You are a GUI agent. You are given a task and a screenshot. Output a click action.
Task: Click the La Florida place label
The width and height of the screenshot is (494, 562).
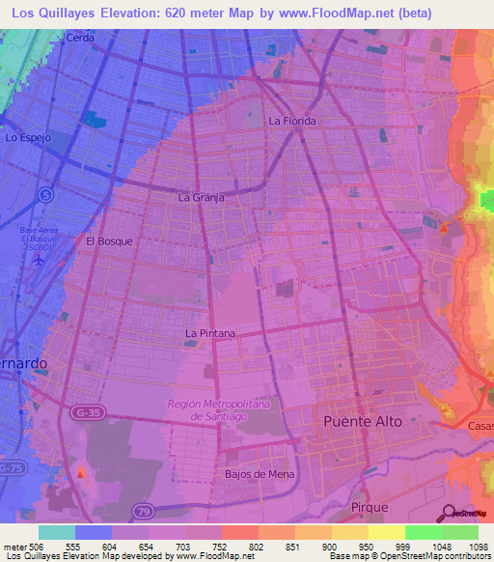point(293,122)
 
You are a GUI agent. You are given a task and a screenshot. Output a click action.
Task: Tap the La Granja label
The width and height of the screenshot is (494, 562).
point(202,197)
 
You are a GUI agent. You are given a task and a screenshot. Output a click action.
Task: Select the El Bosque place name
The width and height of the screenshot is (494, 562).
point(109,241)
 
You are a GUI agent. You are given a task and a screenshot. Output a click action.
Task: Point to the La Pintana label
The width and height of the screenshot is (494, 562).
point(210,334)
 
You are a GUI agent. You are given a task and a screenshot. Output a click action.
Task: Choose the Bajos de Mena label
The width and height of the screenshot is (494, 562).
point(257,474)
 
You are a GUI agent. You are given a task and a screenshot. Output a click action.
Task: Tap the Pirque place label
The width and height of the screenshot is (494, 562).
point(370,507)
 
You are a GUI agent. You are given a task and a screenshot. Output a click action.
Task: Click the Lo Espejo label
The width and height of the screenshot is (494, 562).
point(28,139)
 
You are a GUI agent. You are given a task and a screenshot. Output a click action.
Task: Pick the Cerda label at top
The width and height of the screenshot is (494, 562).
point(81,38)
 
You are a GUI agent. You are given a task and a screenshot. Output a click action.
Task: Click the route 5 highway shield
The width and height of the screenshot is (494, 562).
point(46,194)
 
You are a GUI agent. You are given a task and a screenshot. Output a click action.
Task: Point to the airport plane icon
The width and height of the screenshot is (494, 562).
point(39,258)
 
